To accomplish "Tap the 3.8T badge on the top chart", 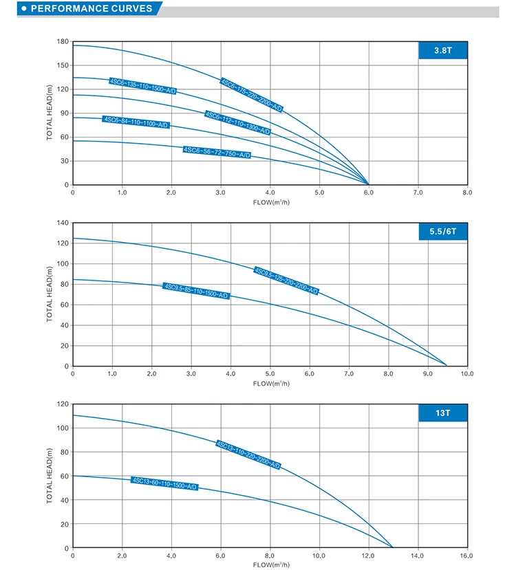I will [x=442, y=51].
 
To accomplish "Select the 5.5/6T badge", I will [x=442, y=232].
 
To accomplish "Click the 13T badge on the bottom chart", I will [x=442, y=413].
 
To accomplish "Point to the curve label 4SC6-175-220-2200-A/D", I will [x=251, y=95].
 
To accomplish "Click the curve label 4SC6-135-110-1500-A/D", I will [x=142, y=86].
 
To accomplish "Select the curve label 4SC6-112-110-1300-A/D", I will [x=237, y=122].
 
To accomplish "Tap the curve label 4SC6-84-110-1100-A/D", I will [x=136, y=122].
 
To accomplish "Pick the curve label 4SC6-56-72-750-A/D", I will [x=217, y=152].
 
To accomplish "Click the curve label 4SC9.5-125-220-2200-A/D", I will [x=286, y=281].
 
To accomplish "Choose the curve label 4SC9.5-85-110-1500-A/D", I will [x=196, y=291].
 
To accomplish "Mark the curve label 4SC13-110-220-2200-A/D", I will [x=248, y=455].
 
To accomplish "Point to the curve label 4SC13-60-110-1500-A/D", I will [x=165, y=483].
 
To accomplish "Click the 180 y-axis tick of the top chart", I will [x=63, y=42].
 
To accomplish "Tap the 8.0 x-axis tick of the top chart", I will [x=467, y=193].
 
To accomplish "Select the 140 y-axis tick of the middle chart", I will [x=63, y=223].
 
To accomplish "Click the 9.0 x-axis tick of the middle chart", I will [x=427, y=374].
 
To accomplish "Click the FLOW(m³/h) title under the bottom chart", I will [x=270, y=564].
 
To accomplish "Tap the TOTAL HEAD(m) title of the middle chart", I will [x=50, y=294].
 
